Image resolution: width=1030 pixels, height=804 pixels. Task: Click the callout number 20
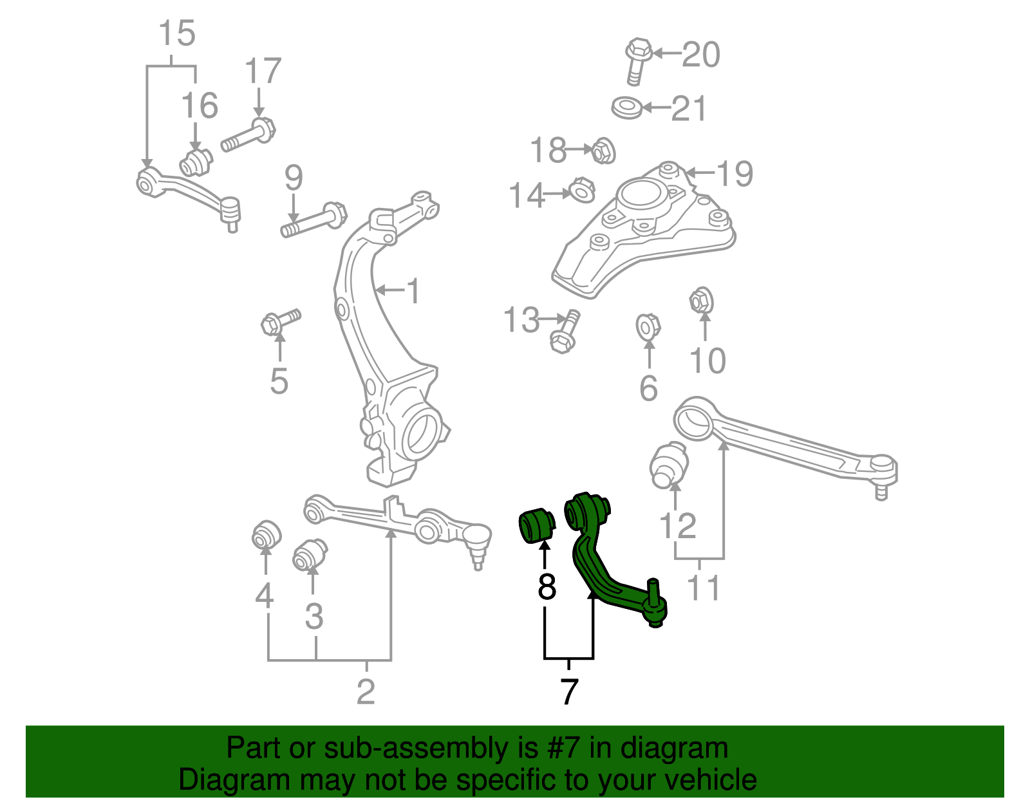pos(701,55)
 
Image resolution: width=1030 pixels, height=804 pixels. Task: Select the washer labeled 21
pos(626,108)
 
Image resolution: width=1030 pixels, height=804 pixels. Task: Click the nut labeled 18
pos(603,151)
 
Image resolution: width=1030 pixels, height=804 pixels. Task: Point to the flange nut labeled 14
pos(581,191)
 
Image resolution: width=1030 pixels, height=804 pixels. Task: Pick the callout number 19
pos(735,173)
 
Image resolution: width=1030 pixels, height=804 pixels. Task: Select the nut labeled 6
pos(648,327)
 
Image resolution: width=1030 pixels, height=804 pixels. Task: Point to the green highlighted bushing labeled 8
pos(536,525)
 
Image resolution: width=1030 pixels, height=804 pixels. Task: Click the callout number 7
pos(568,692)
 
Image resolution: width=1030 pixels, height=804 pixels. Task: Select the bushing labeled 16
pos(196,163)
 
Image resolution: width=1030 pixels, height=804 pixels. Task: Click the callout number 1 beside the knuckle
pos(413,291)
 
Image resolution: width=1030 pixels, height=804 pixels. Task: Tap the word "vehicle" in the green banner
pos(710,780)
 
